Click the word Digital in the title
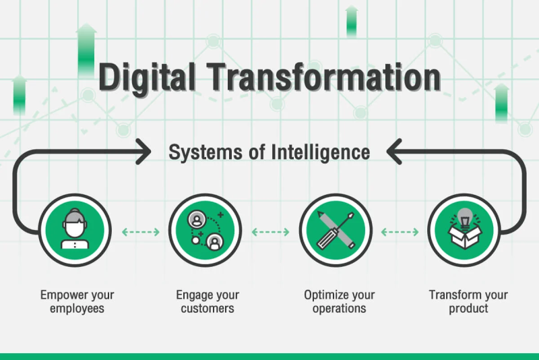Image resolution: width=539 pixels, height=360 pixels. pyautogui.click(x=147, y=78)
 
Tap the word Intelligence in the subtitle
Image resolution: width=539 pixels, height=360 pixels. pyautogui.click(x=321, y=152)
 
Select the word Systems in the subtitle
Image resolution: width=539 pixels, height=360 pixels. pyautogui.click(x=205, y=152)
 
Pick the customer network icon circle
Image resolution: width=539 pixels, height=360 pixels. pyautogui.click(x=205, y=230)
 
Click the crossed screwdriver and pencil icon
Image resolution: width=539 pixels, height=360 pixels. pyautogui.click(x=336, y=230)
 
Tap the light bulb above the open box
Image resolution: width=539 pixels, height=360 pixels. pyautogui.click(x=465, y=218)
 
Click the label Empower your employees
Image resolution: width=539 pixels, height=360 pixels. pyautogui.click(x=77, y=301)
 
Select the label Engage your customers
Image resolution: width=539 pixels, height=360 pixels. pyautogui.click(x=208, y=301)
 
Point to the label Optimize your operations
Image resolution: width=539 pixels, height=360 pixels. pyautogui.click(x=340, y=301)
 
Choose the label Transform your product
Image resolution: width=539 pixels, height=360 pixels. pyautogui.click(x=468, y=301)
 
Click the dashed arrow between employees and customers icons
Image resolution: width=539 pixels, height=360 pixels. pyautogui.click(x=141, y=232)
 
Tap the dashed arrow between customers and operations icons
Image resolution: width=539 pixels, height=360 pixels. pyautogui.click(x=271, y=232)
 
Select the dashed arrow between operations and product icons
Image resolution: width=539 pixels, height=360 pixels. pyautogui.click(x=400, y=232)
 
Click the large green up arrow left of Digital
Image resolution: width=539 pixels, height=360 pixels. pyautogui.click(x=86, y=50)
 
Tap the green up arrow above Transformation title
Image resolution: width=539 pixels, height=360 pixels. pyautogui.click(x=351, y=21)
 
